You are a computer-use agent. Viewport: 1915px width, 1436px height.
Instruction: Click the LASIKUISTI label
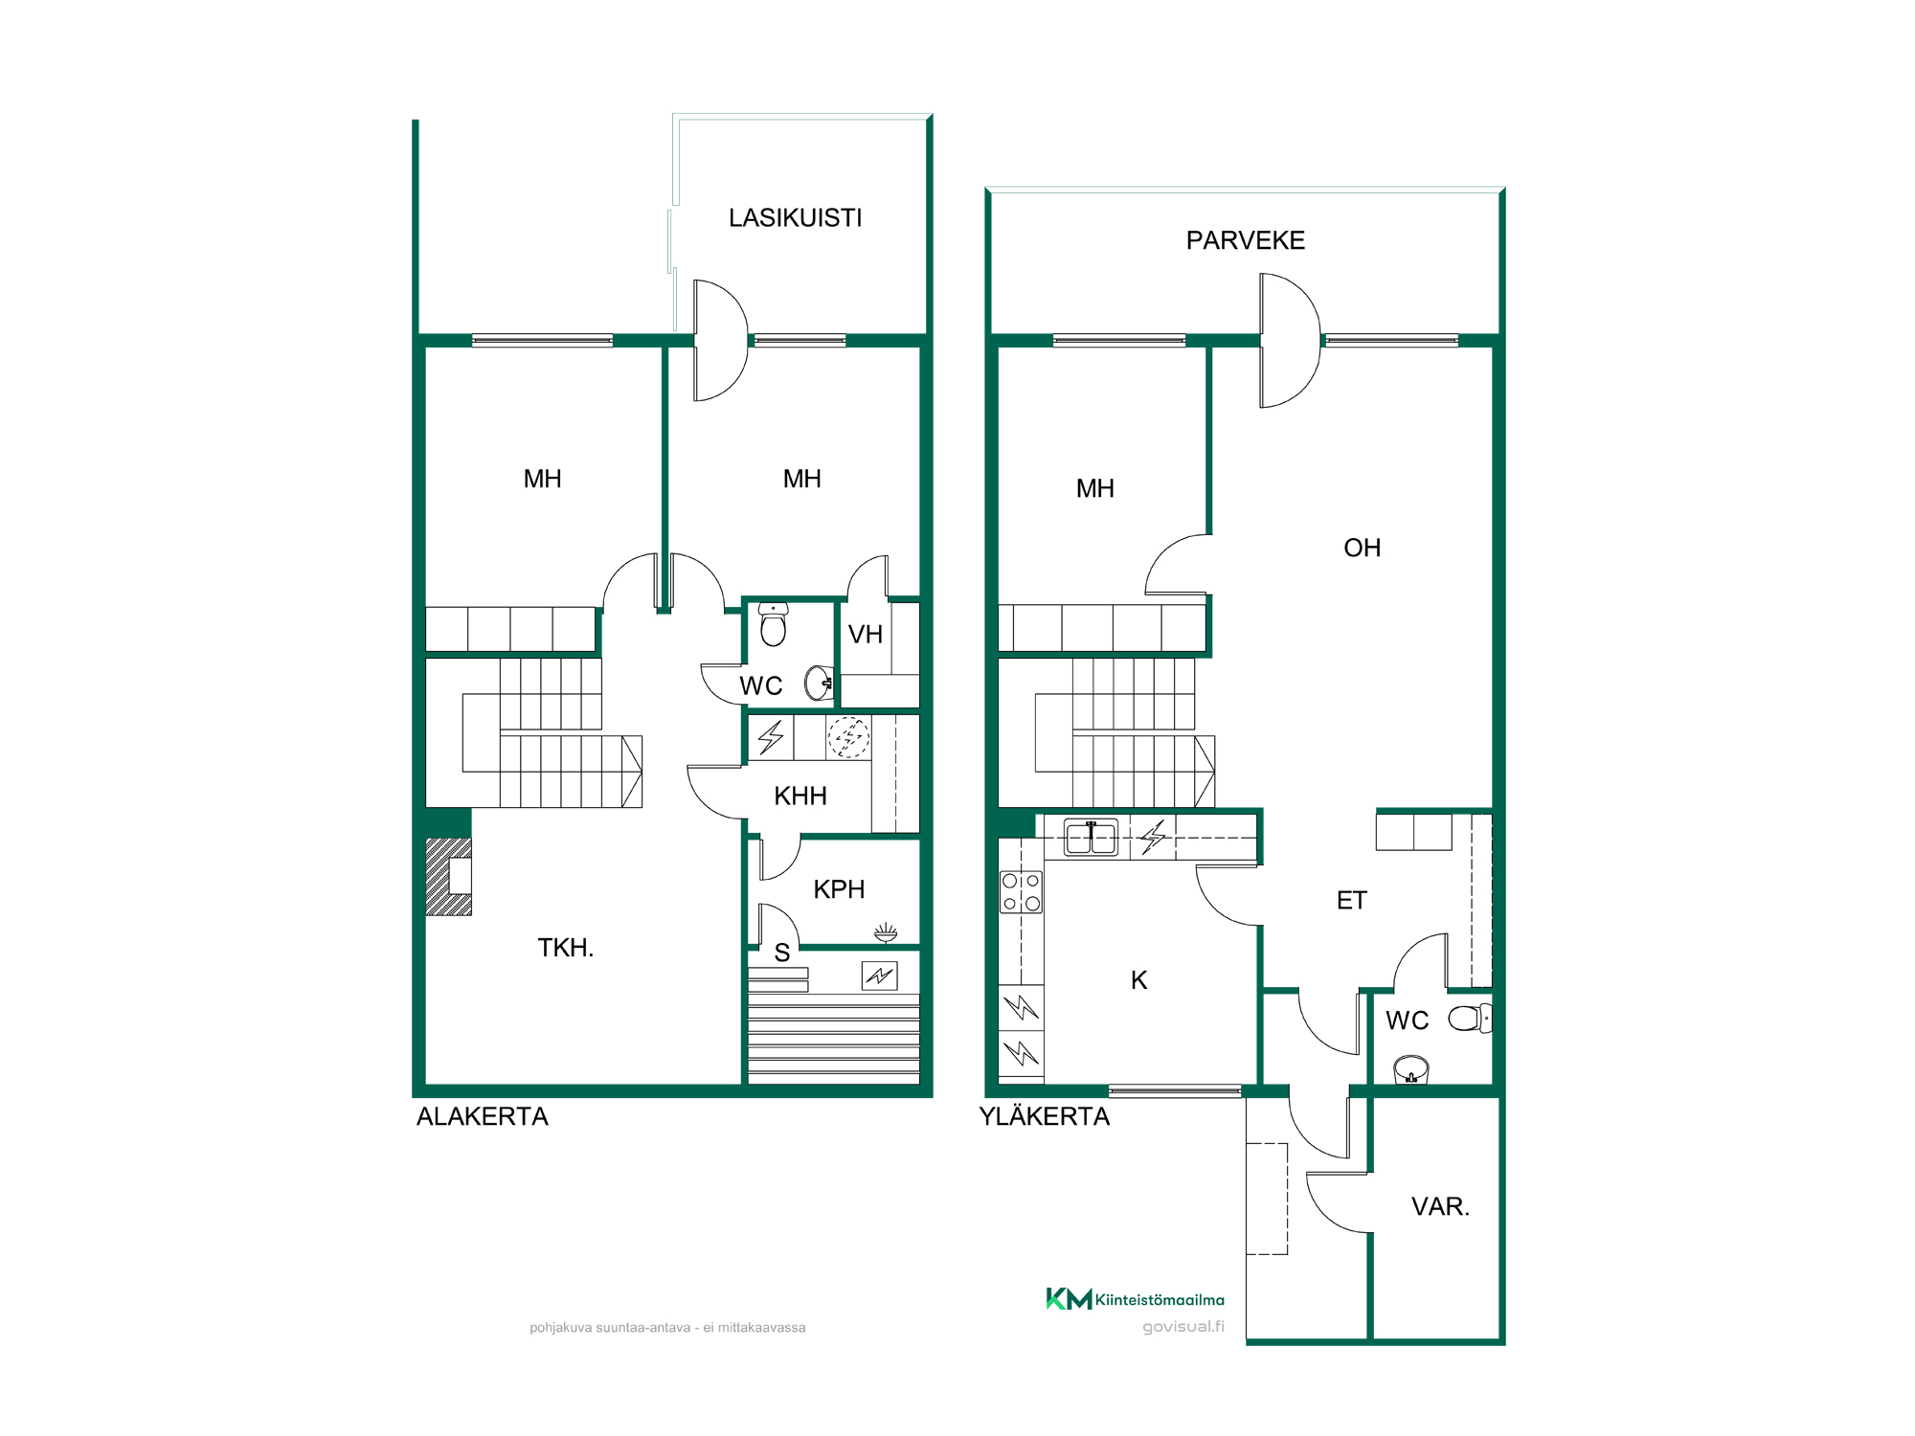(x=795, y=218)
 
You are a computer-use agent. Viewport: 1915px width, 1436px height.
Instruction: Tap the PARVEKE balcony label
(x=1245, y=240)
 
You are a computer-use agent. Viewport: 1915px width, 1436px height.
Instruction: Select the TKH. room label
(x=565, y=948)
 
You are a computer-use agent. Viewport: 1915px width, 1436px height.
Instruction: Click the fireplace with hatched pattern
(x=448, y=877)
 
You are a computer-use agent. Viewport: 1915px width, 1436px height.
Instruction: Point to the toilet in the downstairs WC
(x=773, y=624)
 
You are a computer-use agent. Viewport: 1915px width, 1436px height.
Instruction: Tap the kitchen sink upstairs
(x=1091, y=838)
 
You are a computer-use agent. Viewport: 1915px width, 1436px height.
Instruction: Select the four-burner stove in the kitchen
(x=1021, y=891)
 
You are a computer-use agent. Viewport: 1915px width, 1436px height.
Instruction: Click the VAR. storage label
(x=1440, y=1206)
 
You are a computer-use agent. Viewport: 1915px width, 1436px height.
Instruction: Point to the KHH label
(x=800, y=796)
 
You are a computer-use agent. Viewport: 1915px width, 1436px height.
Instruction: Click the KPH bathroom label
(x=839, y=889)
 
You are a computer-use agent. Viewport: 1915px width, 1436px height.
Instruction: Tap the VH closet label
(x=866, y=634)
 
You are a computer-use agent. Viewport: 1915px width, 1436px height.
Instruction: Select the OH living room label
(x=1362, y=548)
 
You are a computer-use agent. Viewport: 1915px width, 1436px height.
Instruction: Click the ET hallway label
(x=1351, y=900)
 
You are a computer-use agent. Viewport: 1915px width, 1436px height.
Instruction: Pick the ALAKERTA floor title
(x=483, y=1116)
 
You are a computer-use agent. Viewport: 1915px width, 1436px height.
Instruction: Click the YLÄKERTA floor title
(x=1044, y=1116)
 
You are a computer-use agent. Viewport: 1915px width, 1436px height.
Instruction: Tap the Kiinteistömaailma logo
(x=1135, y=1299)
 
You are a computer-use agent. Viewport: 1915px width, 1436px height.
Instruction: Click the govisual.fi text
(x=1183, y=1327)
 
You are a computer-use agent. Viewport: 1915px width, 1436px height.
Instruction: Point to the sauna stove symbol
(x=879, y=976)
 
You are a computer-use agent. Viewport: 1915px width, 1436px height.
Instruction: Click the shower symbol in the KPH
(x=886, y=931)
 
